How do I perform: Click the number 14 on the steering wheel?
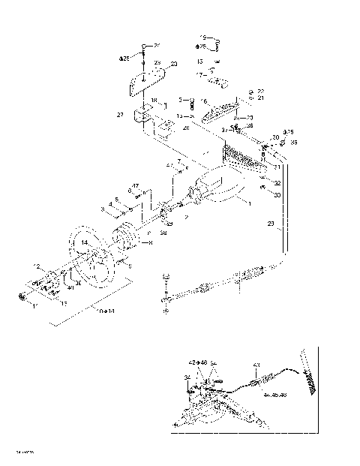(85, 243)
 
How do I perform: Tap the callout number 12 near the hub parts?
(35, 266)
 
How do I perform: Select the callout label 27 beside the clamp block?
(120, 116)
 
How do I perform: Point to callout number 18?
(153, 101)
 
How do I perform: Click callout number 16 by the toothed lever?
(203, 101)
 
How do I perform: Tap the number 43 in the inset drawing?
(256, 365)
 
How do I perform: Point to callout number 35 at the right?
(293, 142)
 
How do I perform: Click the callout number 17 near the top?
(200, 75)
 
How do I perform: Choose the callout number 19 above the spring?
(202, 37)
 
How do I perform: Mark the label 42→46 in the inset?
(198, 362)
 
